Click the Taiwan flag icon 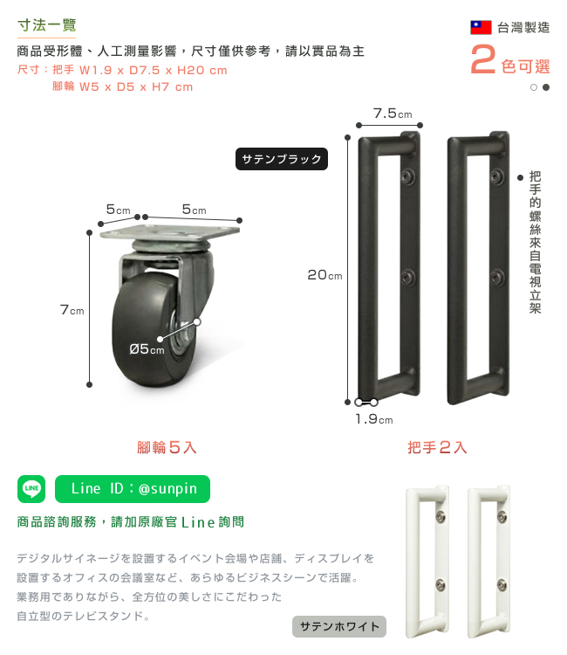[x=481, y=27]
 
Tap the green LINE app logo [x=31, y=489]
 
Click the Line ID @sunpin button [x=133, y=489]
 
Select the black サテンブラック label [x=282, y=159]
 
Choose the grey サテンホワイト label [x=339, y=626]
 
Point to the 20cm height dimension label [x=324, y=275]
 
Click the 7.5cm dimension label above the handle [x=393, y=114]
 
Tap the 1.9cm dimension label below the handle [x=374, y=418]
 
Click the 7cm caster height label [x=72, y=310]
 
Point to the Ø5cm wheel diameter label [x=147, y=348]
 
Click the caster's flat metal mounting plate [x=170, y=231]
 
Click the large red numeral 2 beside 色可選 [x=482, y=59]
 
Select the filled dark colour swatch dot [x=546, y=87]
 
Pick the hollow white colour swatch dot [x=534, y=87]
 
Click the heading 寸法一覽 [x=47, y=25]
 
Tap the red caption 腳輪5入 [x=167, y=447]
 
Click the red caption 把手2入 [x=437, y=447]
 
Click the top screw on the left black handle [x=407, y=176]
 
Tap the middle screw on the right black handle [x=497, y=277]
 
